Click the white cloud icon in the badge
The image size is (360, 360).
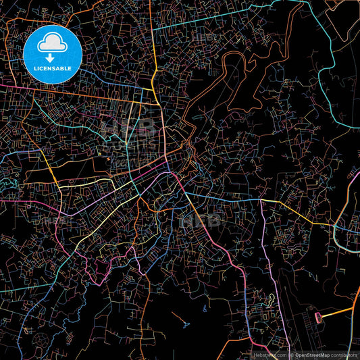point(52,44)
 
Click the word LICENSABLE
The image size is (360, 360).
point(52,68)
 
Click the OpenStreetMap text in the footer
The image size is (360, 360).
point(311,355)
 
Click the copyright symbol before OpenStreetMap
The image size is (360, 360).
point(291,355)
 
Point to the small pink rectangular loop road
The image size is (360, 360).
point(315,315)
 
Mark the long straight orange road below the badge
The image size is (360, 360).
point(88,94)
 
